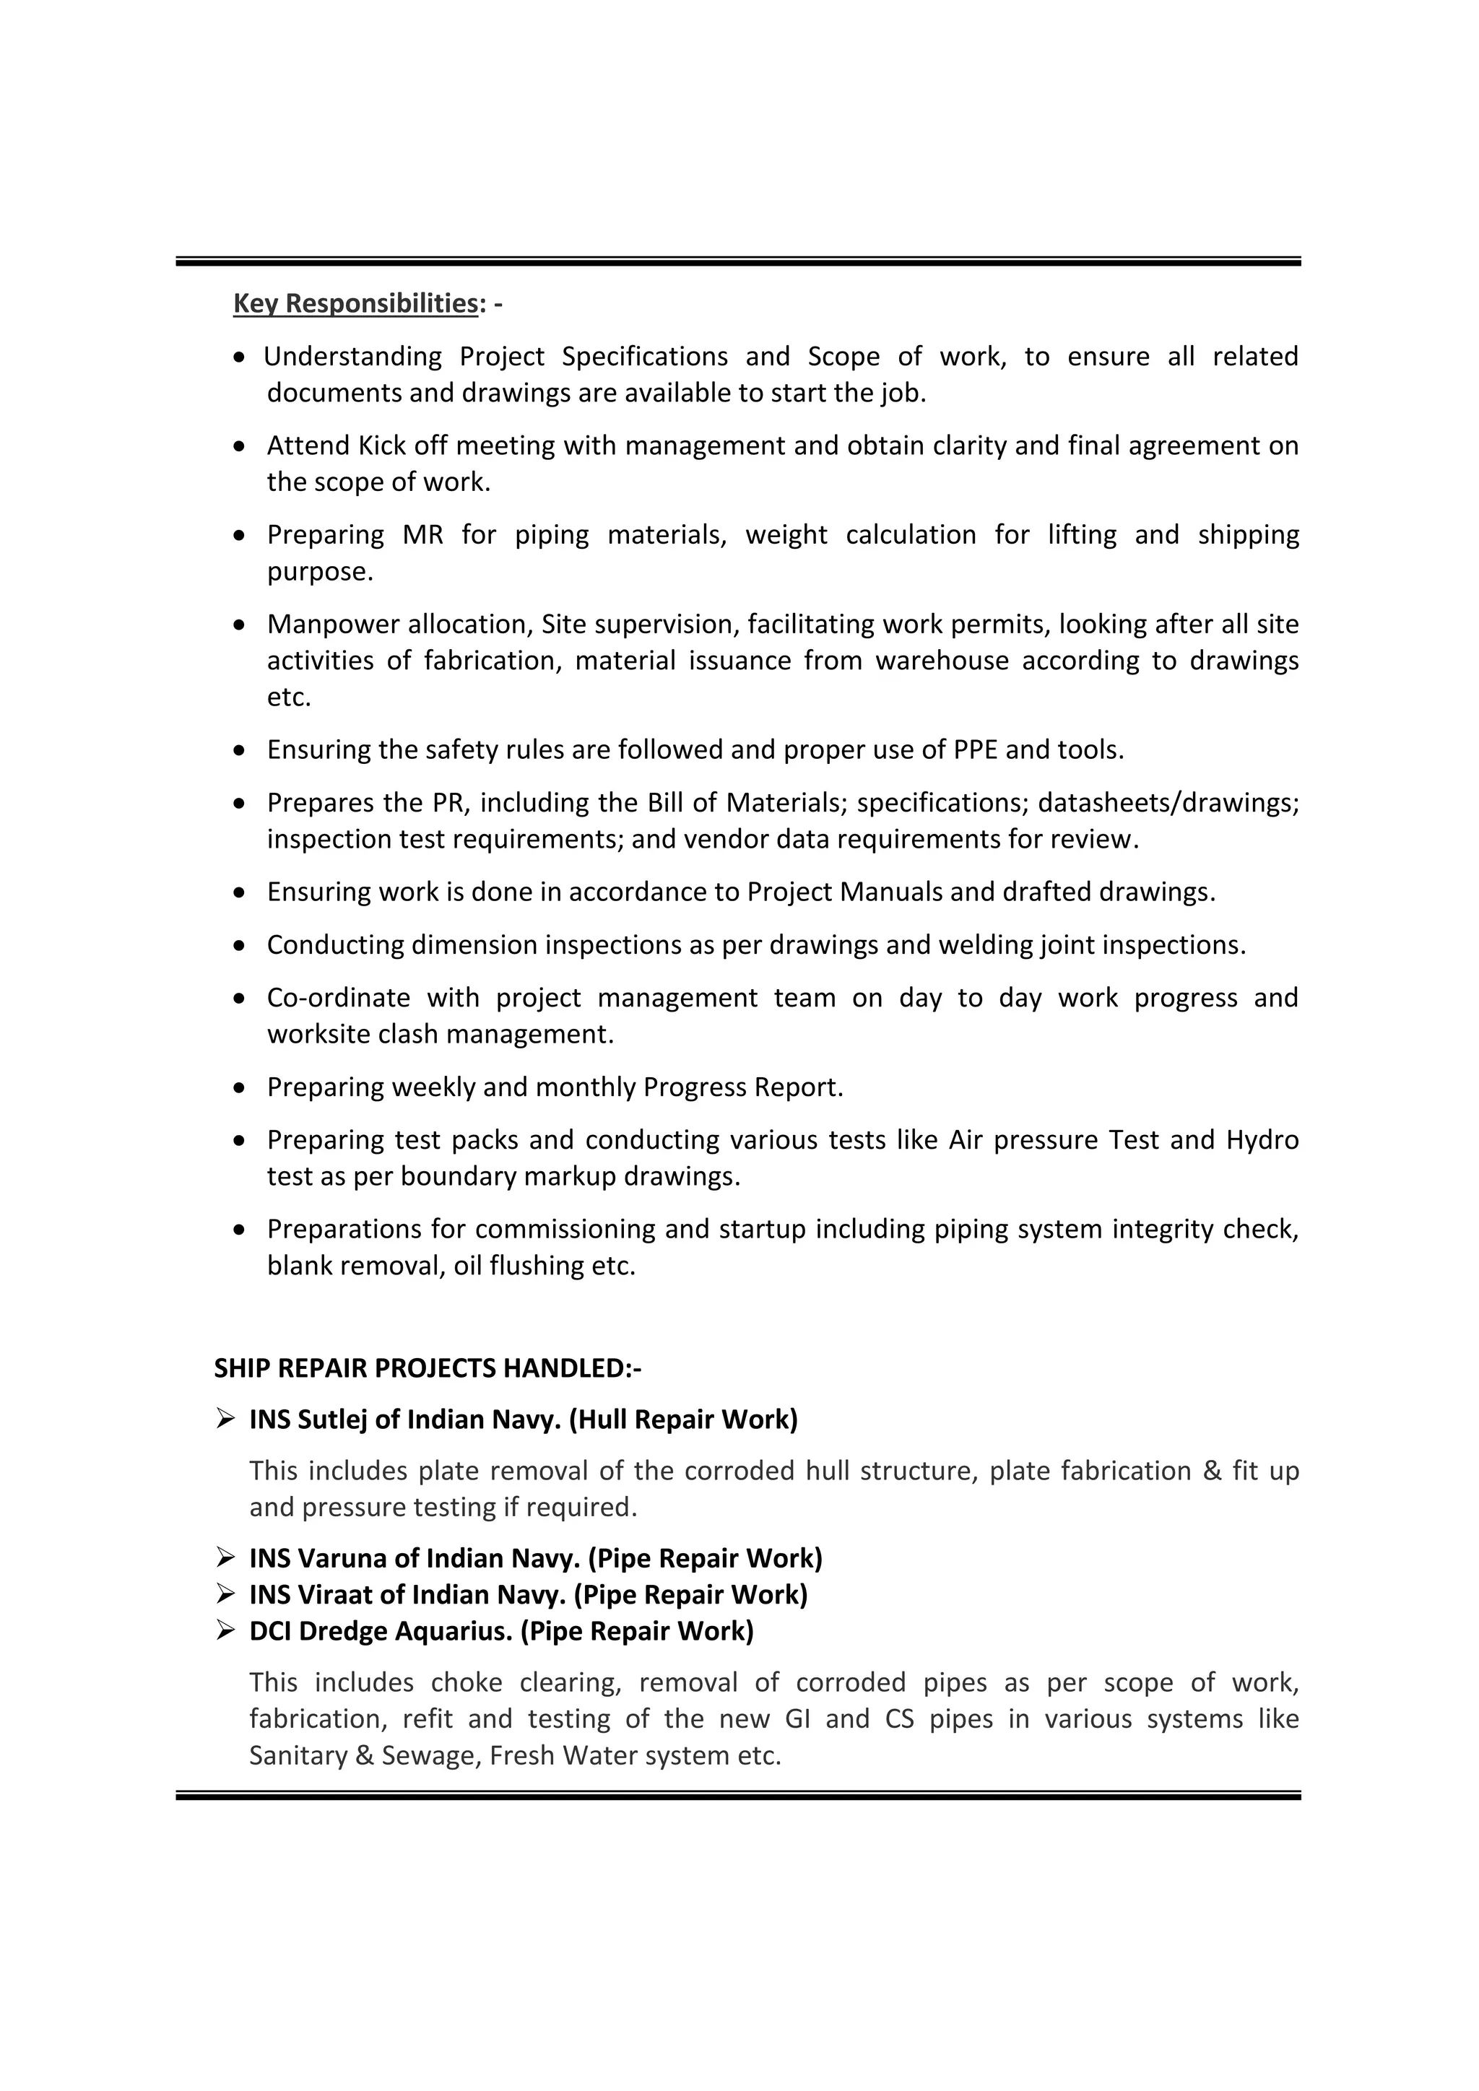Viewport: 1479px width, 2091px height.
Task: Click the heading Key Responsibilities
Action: [355, 303]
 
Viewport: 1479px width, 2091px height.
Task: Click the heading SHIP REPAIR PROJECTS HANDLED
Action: [427, 1368]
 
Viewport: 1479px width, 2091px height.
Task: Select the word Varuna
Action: [342, 1558]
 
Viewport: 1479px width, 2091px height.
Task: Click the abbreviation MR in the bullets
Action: [422, 534]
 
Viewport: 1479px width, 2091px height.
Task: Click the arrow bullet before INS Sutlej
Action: [226, 1419]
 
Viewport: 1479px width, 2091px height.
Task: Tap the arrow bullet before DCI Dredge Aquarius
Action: [226, 1630]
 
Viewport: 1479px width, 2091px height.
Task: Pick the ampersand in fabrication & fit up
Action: [1211, 1471]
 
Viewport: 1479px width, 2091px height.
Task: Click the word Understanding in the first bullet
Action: [352, 356]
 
